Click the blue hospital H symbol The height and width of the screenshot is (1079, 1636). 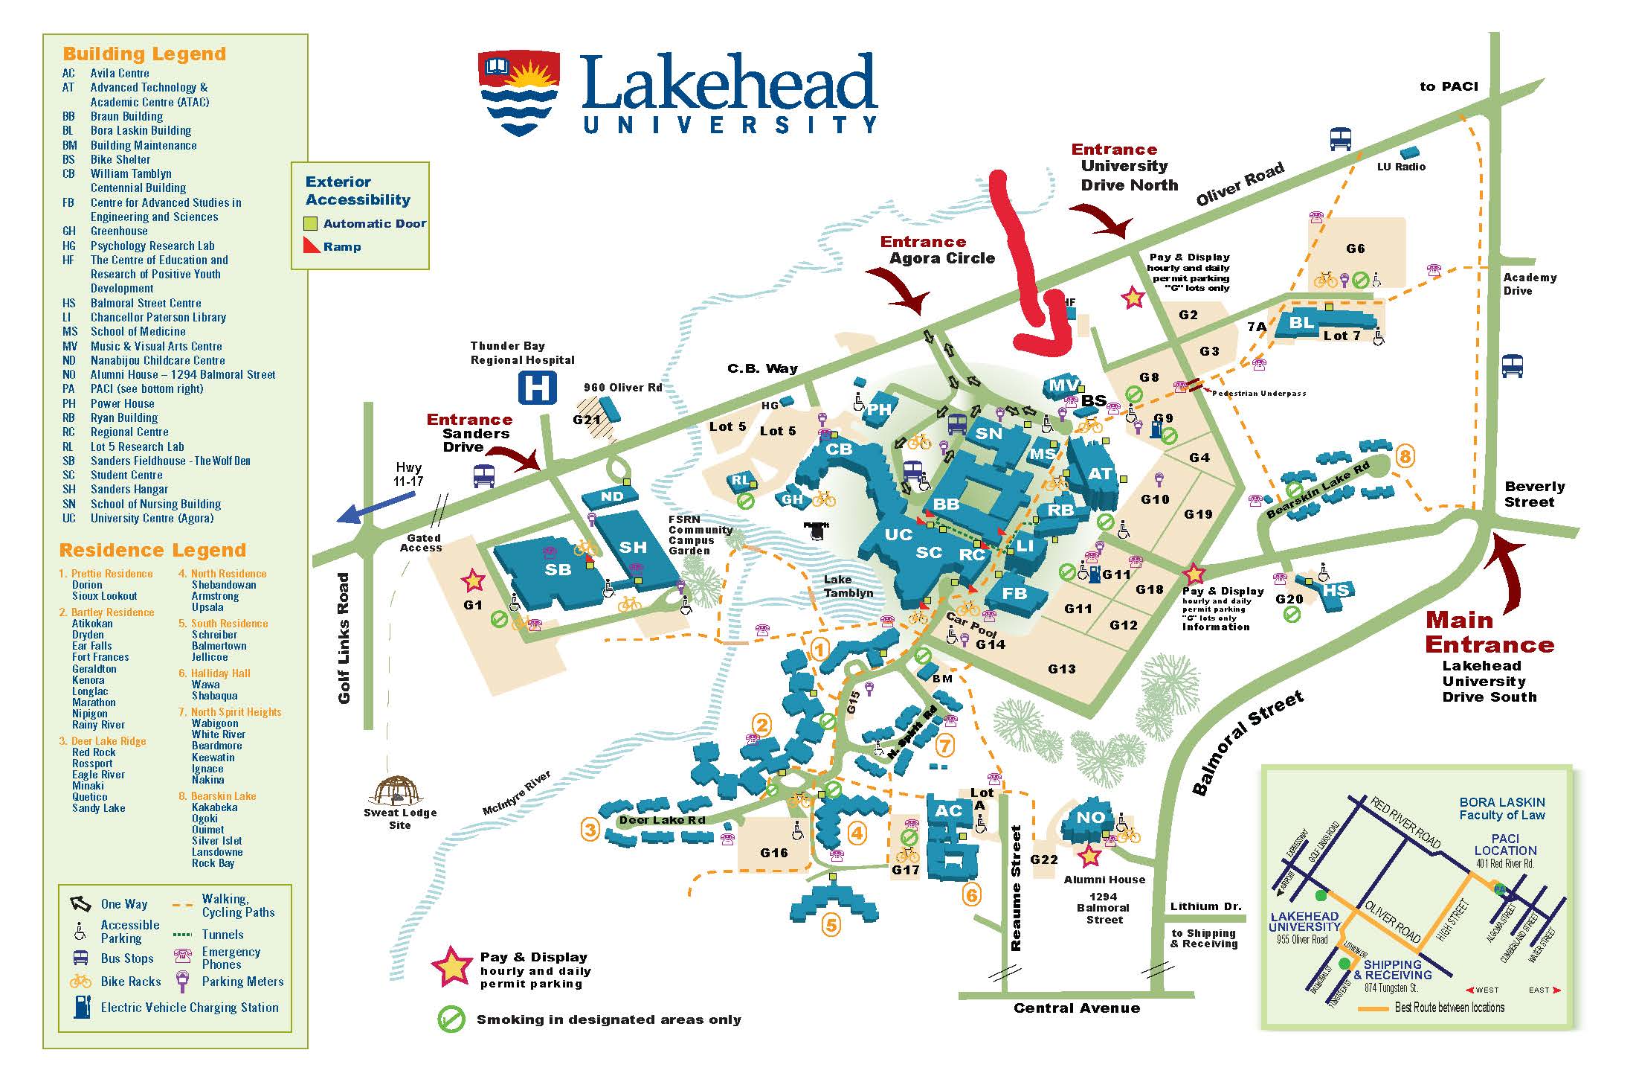click(538, 388)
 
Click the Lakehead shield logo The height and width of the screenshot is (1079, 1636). click(519, 92)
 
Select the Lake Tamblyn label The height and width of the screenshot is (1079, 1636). click(848, 586)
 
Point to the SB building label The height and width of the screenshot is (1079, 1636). click(558, 570)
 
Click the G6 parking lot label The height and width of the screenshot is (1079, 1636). click(1356, 249)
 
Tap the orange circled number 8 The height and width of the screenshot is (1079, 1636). click(1405, 455)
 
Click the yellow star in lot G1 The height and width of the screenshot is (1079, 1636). click(473, 580)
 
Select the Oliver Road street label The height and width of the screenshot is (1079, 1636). click(1239, 184)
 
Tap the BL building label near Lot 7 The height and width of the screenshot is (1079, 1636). click(1301, 322)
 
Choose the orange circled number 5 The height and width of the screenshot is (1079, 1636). click(831, 925)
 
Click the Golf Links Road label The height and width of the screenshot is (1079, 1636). click(344, 638)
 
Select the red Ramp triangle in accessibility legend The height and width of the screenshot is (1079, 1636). click(311, 246)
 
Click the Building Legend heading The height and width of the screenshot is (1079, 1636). click(144, 54)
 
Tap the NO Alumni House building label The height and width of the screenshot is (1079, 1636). click(1091, 816)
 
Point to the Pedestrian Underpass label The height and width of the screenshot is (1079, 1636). click(1258, 393)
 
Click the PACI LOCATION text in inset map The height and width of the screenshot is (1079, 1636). click(1505, 844)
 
